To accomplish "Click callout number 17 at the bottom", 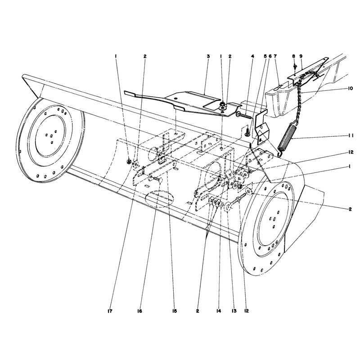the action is pyautogui.click(x=110, y=311).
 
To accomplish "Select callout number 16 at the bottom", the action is pyautogui.click(x=139, y=311).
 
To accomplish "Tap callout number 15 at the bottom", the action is pyautogui.click(x=174, y=311).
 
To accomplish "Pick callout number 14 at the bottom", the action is pyautogui.click(x=218, y=311).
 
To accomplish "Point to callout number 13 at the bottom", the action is pyautogui.click(x=234, y=311).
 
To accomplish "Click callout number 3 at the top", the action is pyautogui.click(x=208, y=56).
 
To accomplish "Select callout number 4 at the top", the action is pyautogui.click(x=252, y=56).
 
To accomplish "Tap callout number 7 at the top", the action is pyautogui.click(x=275, y=56).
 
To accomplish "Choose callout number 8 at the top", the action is pyautogui.click(x=294, y=56).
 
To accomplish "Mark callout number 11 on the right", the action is pyautogui.click(x=351, y=136).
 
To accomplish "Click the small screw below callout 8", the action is pyautogui.click(x=295, y=67).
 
